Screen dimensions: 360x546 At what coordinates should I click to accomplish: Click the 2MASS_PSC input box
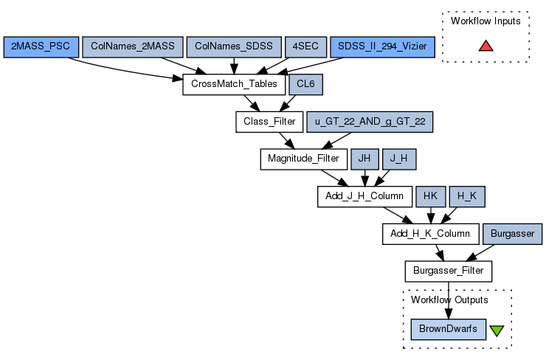tap(41, 46)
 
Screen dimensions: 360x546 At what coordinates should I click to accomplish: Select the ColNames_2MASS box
tap(133, 46)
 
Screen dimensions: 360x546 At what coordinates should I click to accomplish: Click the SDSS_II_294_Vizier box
tap(382, 46)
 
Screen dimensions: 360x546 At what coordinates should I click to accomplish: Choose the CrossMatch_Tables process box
tap(234, 84)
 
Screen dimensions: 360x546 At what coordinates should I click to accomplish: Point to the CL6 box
tap(305, 84)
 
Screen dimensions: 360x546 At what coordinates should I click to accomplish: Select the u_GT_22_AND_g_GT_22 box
tap(370, 122)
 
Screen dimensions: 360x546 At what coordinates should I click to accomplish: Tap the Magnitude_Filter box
tap(303, 159)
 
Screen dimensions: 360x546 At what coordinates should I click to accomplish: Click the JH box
tap(364, 159)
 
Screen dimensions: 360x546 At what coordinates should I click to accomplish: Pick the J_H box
tap(399, 159)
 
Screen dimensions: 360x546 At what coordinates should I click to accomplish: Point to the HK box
tap(430, 196)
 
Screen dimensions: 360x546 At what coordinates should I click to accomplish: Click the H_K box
tap(466, 196)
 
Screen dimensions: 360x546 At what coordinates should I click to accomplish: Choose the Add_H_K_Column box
tap(429, 234)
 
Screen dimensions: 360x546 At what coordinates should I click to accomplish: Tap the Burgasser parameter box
tap(512, 234)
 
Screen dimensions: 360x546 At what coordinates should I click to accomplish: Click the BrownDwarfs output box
tap(448, 329)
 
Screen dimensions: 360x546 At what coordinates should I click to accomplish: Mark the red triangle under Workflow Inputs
tap(485, 46)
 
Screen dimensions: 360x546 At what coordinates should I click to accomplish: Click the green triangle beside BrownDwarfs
tap(497, 330)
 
